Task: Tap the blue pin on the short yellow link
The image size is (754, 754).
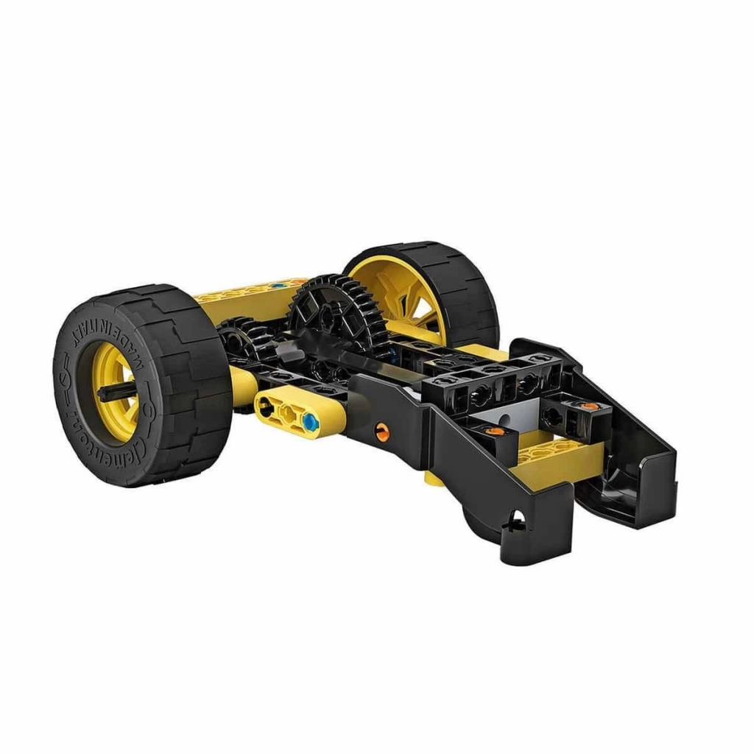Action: (310, 422)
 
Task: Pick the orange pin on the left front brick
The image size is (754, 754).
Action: (498, 431)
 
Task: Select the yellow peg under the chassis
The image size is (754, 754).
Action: (433, 479)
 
